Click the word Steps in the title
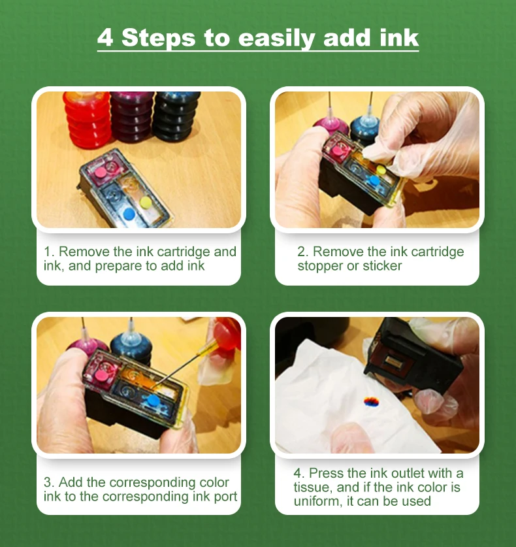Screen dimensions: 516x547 (158, 39)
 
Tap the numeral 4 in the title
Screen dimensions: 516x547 (105, 37)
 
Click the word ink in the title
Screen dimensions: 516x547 (399, 37)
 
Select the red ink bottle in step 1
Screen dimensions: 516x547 (88, 119)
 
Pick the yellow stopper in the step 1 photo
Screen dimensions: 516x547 (146, 202)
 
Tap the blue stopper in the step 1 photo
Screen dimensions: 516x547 (129, 214)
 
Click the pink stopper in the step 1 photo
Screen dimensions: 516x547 (101, 172)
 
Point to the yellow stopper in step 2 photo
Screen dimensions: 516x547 (381, 170)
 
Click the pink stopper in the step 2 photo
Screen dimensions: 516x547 (337, 151)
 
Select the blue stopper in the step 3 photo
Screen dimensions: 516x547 (153, 400)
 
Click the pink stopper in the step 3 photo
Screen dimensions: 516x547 (101, 375)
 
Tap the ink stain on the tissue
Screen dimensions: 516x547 (371, 402)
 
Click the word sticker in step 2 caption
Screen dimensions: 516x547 (382, 266)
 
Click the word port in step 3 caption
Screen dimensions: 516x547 (225, 497)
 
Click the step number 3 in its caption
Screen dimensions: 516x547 (48, 482)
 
